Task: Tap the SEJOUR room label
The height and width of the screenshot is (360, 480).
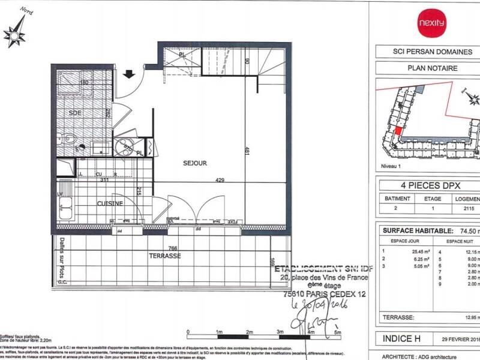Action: pyautogui.click(x=194, y=163)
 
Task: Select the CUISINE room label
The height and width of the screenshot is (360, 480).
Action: pyautogui.click(x=110, y=203)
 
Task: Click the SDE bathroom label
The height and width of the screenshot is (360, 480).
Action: pyautogui.click(x=76, y=113)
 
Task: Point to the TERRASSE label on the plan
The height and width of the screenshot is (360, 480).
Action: pyautogui.click(x=166, y=256)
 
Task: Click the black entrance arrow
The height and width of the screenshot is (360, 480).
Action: pyautogui.click(x=128, y=75)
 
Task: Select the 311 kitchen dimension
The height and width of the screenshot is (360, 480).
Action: pyautogui.click(x=105, y=179)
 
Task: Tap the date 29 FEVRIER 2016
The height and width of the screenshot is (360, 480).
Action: pyautogui.click(x=459, y=340)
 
